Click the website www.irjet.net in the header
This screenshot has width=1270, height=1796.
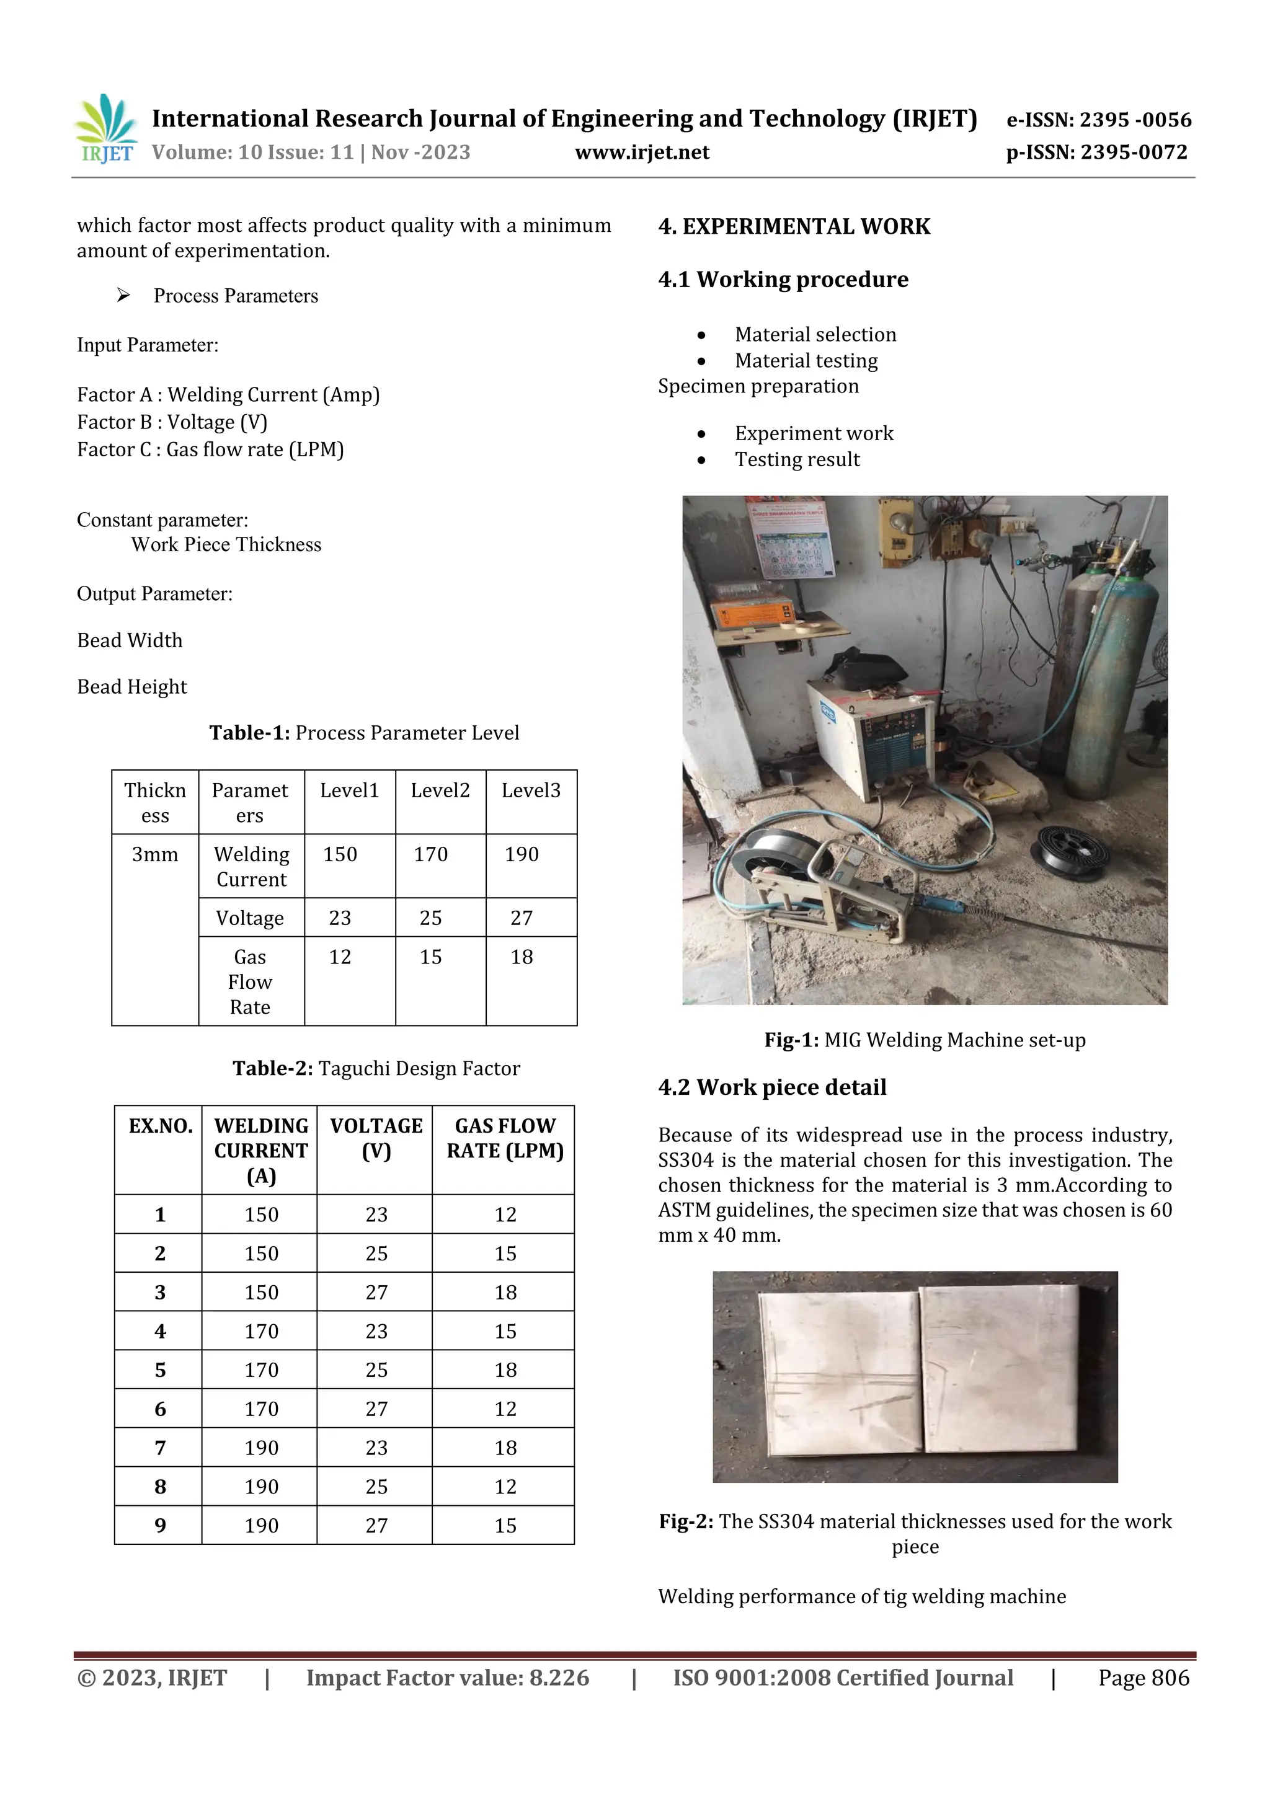642,152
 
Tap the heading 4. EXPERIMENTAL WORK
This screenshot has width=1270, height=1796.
794,227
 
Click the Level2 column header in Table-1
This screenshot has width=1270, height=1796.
440,791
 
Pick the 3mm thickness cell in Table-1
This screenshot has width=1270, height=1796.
155,854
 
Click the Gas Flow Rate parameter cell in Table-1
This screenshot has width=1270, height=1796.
251,982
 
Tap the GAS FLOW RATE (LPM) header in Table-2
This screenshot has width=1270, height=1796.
505,1138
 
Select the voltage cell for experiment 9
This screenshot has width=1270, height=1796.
376,1525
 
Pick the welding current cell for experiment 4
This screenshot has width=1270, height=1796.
260,1332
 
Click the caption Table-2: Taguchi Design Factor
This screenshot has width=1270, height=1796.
376,1069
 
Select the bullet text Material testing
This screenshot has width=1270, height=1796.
806,361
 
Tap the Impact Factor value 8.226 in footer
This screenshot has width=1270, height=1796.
447,1678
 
